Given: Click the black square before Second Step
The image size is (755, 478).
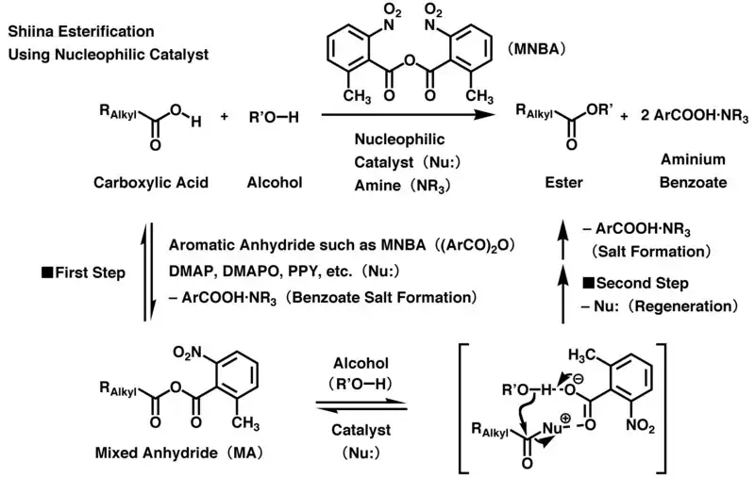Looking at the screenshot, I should coord(589,283).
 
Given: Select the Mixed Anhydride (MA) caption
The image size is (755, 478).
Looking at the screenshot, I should coord(159,452).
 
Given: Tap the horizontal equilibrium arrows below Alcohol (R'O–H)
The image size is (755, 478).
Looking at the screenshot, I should coord(361,404).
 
